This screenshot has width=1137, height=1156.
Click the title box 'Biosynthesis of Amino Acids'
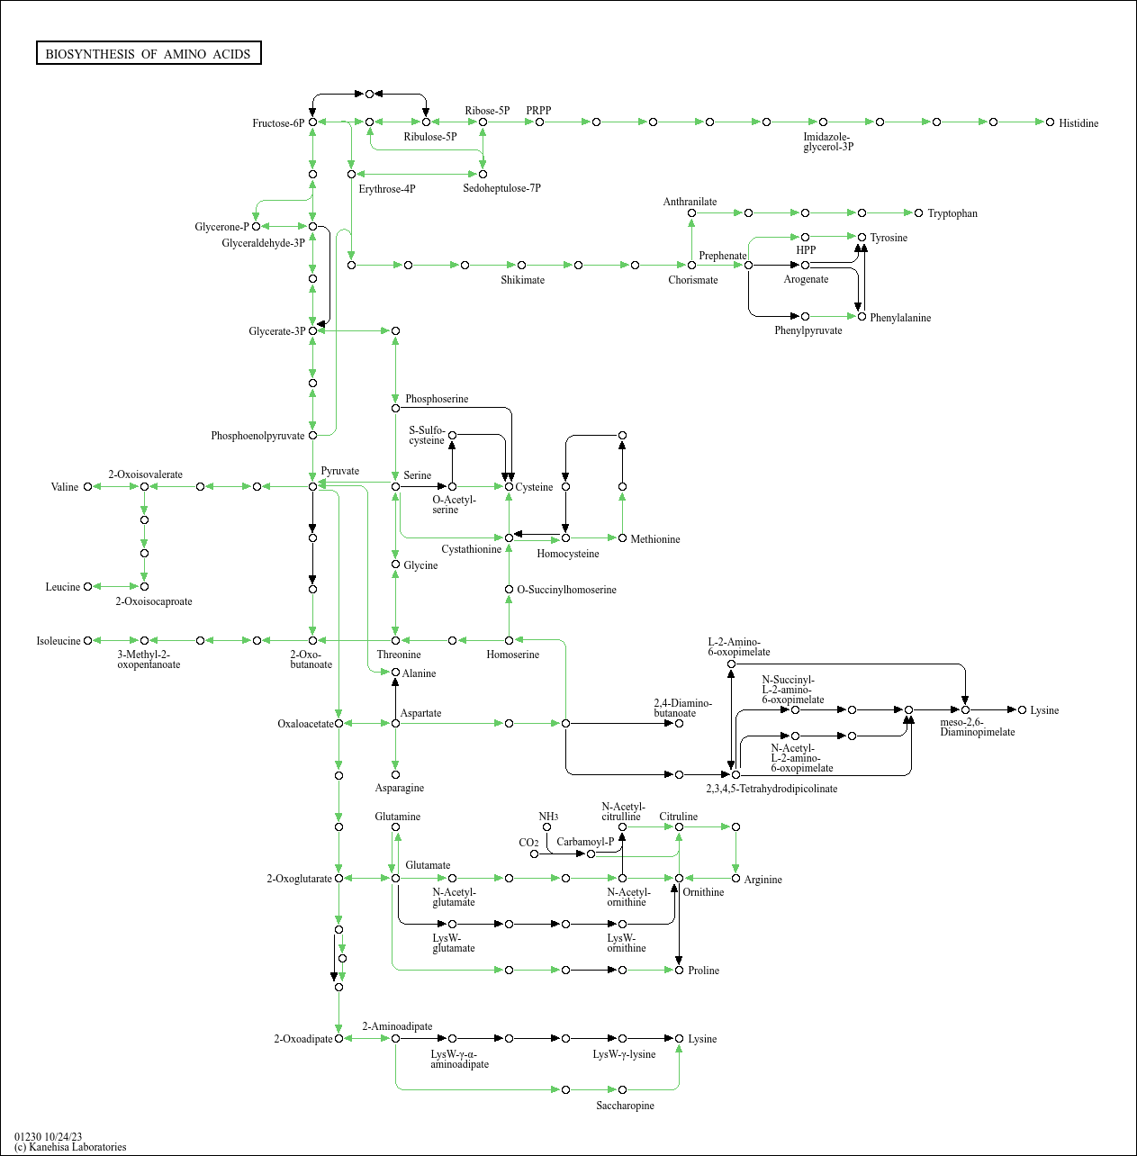pos(149,54)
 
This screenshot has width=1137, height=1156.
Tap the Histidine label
pos(1078,123)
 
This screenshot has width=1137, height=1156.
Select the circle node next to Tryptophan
pos(918,213)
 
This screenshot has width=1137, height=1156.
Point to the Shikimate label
pos(522,280)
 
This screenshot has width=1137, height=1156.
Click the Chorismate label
pos(693,280)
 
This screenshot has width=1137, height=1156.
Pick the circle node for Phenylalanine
pos(862,317)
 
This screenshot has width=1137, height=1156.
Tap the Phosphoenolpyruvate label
pos(257,436)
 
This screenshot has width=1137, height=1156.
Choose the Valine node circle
pos(87,487)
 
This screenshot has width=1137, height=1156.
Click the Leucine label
pos(63,587)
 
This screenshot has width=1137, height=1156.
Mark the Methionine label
pos(655,539)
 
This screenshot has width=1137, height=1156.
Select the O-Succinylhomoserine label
pos(567,590)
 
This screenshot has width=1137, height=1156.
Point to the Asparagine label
pos(400,788)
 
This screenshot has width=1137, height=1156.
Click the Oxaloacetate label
pos(305,724)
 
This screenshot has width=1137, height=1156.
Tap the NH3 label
pos(548,817)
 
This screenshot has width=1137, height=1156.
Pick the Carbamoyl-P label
pos(585,842)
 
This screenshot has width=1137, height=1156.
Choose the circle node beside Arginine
pos(735,878)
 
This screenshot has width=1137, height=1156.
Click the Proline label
pos(703,971)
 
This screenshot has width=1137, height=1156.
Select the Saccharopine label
pos(625,1106)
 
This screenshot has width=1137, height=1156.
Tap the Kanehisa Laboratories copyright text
pos(70,1147)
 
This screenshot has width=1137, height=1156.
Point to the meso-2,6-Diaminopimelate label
pos(977,727)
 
